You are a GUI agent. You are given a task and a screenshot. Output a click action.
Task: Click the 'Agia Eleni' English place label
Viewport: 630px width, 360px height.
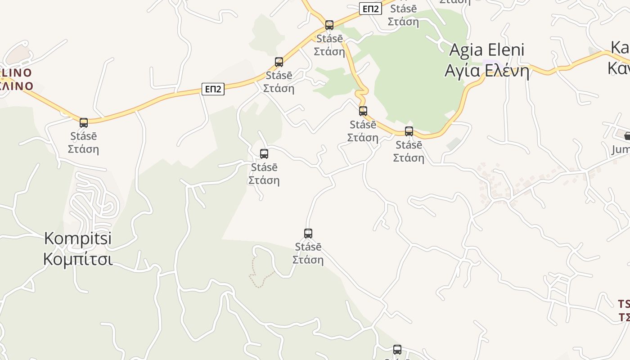[x=487, y=50]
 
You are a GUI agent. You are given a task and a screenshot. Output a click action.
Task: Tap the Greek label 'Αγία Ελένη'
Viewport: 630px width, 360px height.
[x=487, y=71]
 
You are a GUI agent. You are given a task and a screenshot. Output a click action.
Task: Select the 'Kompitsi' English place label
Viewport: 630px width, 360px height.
[x=78, y=238]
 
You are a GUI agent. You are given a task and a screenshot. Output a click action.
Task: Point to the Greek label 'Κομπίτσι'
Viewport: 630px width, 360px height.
[x=78, y=259]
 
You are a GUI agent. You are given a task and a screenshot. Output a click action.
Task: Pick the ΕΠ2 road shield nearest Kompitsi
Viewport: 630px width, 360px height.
[x=212, y=89]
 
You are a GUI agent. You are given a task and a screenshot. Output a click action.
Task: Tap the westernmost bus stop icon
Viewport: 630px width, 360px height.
[x=84, y=122]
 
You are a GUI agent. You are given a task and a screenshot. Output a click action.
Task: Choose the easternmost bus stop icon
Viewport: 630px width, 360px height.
[x=409, y=131]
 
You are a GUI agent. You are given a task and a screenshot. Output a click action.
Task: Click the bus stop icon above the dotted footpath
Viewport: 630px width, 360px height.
[x=308, y=234]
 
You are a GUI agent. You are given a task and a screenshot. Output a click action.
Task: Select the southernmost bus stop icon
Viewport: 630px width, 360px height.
[x=397, y=350]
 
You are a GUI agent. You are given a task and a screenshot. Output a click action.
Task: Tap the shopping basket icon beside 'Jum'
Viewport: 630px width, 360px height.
[x=627, y=136]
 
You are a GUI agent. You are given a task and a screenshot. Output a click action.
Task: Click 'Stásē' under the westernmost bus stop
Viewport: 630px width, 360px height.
[x=84, y=136]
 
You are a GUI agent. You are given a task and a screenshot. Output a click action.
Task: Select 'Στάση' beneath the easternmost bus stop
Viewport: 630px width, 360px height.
[x=409, y=158]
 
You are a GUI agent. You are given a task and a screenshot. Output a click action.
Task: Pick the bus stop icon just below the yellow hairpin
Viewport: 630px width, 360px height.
[x=363, y=111]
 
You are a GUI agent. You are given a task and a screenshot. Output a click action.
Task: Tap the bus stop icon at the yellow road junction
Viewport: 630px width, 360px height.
[x=329, y=25]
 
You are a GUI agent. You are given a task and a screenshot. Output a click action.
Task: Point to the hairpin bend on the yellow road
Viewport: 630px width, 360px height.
[x=360, y=94]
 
